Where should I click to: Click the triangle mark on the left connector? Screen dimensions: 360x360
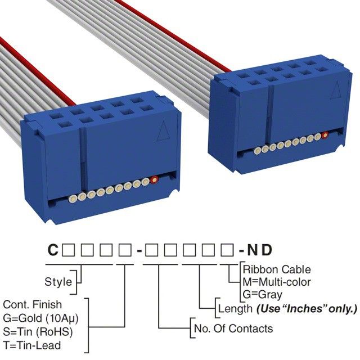pos(164,133)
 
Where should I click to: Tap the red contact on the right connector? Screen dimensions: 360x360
pos(325,135)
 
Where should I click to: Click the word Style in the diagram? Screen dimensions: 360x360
pos(58,281)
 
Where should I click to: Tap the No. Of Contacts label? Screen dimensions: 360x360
pos(233,328)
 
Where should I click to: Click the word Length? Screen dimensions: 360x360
pos(235,308)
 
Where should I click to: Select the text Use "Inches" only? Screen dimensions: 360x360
pos(307,308)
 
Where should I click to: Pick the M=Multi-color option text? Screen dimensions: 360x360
pos(276,282)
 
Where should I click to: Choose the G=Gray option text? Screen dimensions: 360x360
pos(262,294)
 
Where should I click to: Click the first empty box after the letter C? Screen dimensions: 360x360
pos(67,250)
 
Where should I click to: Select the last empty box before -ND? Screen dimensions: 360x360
pos(229,250)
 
